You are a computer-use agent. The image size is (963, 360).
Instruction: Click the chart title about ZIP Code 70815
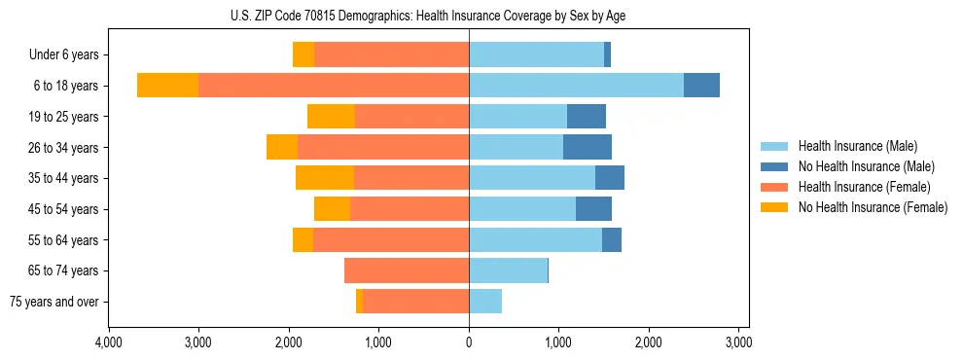pos(428,16)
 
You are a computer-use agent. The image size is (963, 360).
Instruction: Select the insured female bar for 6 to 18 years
pos(334,86)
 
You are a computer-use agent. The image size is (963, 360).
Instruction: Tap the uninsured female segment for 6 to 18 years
pos(167,86)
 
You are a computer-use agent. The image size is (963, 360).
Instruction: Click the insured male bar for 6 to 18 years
pos(576,86)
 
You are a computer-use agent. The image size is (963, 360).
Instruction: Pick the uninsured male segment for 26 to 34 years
pos(588,147)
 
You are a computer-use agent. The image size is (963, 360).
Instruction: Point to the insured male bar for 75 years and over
pos(485,302)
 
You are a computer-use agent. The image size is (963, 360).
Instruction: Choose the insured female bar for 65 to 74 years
pos(407,270)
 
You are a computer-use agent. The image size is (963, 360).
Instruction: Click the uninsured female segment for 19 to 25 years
pos(331,117)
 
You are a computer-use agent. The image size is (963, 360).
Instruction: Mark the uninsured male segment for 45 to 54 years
pos(593,209)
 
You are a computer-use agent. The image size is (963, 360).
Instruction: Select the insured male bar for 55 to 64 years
pos(535,239)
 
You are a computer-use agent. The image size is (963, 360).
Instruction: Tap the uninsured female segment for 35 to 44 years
pos(324,178)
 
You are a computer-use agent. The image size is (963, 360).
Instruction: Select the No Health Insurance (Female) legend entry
pos(873,207)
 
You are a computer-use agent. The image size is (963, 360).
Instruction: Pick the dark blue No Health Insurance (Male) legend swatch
pos(774,166)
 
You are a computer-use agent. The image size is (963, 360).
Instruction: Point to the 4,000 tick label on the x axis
pos(108,342)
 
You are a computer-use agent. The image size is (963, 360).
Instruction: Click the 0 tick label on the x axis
pos(469,342)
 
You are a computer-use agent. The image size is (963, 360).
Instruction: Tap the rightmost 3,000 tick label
pos(738,342)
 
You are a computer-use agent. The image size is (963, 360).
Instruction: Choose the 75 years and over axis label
pos(53,302)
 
